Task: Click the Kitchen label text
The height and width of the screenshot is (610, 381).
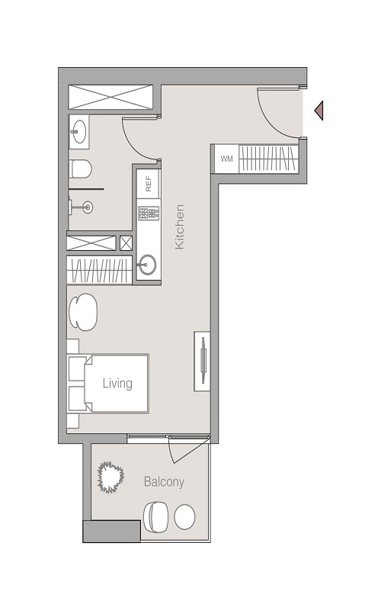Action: (x=180, y=226)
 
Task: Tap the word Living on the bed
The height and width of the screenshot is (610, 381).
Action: (x=118, y=384)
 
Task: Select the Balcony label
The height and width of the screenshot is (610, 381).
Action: (x=164, y=482)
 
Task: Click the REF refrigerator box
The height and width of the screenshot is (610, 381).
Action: (x=149, y=184)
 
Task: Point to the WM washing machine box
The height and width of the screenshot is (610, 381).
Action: (x=226, y=159)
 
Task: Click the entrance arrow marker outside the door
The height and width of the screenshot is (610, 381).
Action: (x=319, y=111)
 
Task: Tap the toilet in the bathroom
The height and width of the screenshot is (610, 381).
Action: (x=80, y=169)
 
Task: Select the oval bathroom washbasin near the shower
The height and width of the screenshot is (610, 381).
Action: (x=78, y=133)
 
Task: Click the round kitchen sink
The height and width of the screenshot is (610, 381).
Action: (x=148, y=266)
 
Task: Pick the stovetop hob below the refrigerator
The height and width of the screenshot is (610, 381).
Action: (x=149, y=213)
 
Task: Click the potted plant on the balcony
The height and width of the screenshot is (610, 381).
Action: (x=111, y=477)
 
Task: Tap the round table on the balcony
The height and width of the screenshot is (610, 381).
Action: (x=185, y=517)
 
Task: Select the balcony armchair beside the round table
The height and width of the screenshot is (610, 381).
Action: (x=157, y=516)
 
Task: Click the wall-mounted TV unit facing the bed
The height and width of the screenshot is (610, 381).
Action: (x=202, y=361)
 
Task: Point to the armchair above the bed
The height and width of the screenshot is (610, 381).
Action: (x=83, y=312)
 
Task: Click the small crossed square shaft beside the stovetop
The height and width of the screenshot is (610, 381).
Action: (x=126, y=243)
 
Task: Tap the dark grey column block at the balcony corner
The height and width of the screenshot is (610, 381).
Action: (x=111, y=531)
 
